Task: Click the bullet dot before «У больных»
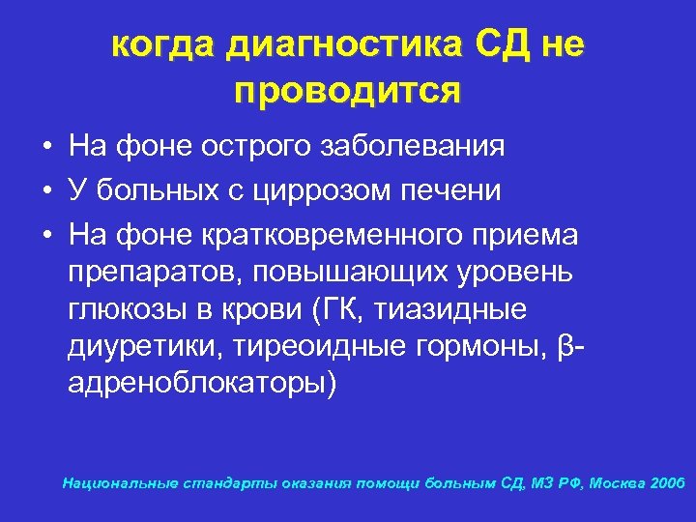47,191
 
